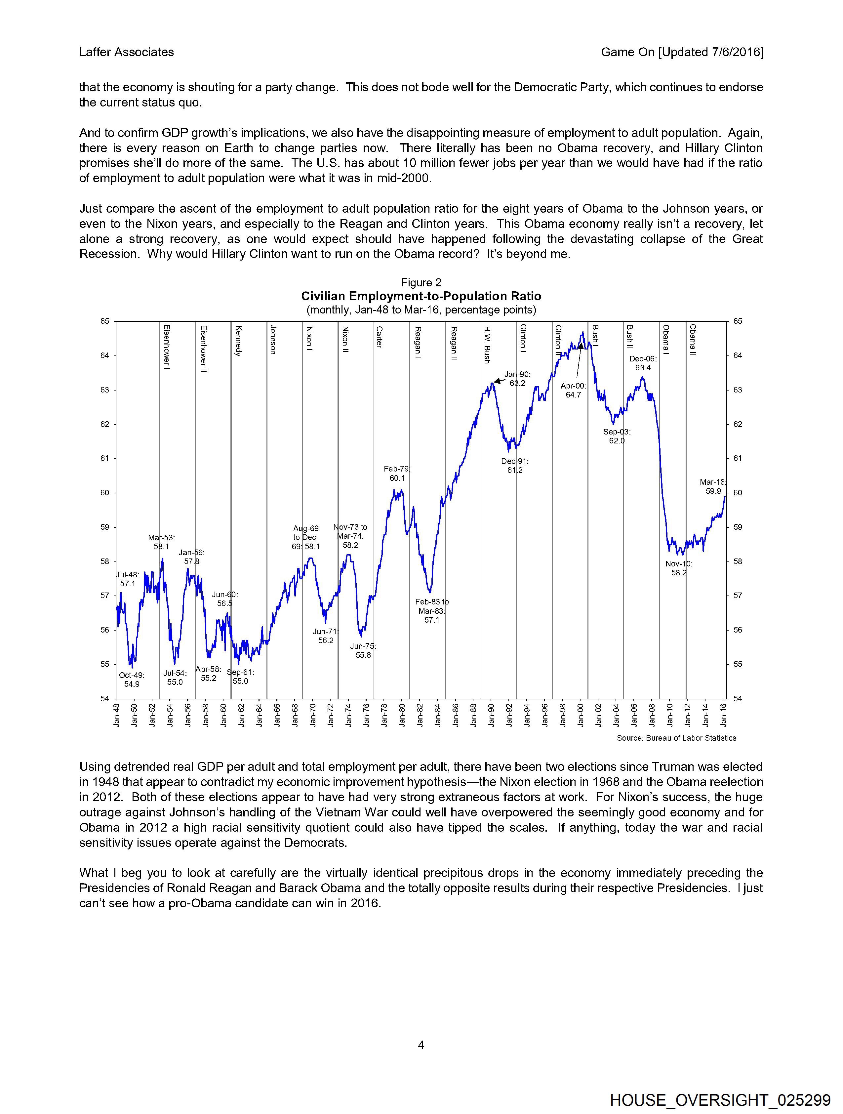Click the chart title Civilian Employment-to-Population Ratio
coord(421,296)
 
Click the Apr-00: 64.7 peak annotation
coord(573,390)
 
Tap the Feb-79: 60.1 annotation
coord(397,474)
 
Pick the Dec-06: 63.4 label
coord(643,363)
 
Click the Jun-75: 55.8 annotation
coord(363,651)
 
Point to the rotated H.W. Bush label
coord(487,345)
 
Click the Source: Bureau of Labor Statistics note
coord(676,738)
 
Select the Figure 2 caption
coord(421,282)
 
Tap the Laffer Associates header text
coord(126,52)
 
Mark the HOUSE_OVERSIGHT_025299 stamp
coord(720,1100)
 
